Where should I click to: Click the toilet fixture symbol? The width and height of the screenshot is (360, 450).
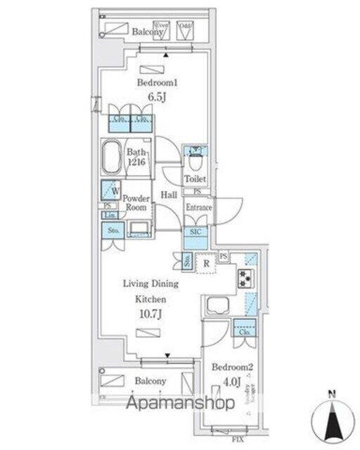195,154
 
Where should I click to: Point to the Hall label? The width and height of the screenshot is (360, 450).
168,195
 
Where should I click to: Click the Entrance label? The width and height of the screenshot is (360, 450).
198,208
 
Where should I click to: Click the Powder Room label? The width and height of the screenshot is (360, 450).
136,203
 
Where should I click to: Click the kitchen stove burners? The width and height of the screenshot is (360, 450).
247,279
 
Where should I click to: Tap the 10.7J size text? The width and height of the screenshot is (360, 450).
150,314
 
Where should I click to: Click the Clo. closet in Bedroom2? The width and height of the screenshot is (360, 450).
244,328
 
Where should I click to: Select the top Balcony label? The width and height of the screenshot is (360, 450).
148,31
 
